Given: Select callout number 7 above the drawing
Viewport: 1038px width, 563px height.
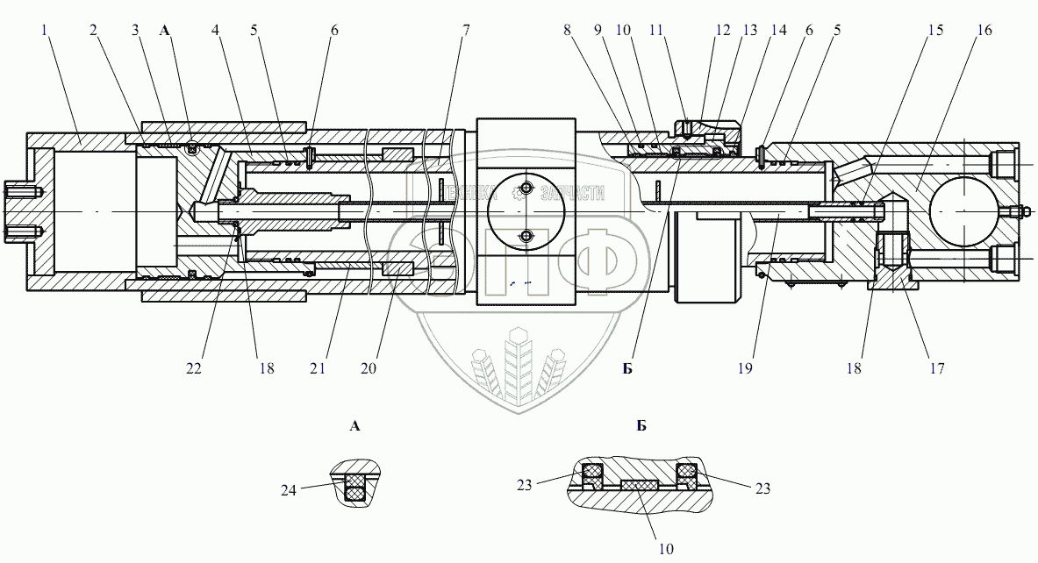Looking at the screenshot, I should click(x=466, y=30).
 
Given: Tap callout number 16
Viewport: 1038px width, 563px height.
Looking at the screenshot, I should click(x=984, y=30).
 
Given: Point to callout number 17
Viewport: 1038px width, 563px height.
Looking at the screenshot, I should click(x=936, y=368).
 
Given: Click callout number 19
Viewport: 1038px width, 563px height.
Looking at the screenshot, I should click(x=745, y=368).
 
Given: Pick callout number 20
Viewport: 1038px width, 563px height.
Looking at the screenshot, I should click(x=369, y=368).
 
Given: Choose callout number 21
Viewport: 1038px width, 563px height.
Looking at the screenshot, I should click(x=318, y=368).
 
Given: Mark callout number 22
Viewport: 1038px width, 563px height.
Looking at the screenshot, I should click(x=193, y=368).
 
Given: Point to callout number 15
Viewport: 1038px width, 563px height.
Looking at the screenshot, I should click(x=934, y=30).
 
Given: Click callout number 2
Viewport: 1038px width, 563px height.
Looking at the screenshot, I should click(x=93, y=30).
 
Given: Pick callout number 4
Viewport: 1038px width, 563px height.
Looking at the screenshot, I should click(x=214, y=30).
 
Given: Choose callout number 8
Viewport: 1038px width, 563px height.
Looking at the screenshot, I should click(x=568, y=30).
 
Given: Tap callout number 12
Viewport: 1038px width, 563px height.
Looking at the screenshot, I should click(x=722, y=30).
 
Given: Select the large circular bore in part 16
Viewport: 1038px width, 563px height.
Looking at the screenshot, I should click(x=963, y=211).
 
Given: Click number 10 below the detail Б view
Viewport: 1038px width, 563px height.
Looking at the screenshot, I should click(x=666, y=549).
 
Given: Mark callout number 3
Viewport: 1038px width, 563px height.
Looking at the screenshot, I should click(x=135, y=30).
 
